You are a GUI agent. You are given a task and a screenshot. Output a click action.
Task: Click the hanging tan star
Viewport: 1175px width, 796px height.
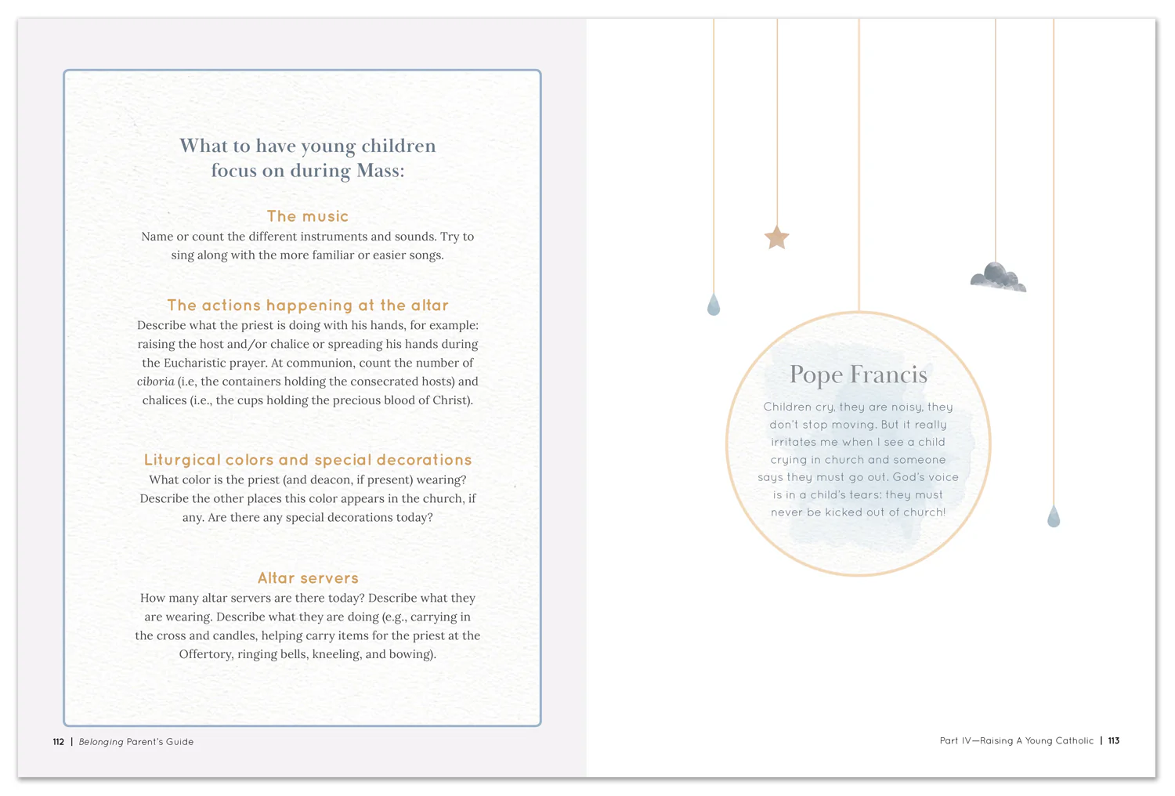point(776,237)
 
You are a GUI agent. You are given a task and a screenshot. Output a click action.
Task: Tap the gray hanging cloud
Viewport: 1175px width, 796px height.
point(997,277)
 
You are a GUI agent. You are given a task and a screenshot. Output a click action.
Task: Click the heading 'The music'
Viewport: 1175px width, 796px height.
point(308,216)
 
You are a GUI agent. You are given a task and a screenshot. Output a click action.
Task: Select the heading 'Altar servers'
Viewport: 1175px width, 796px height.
point(308,578)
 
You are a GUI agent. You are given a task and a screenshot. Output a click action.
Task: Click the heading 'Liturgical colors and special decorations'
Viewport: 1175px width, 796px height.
point(308,460)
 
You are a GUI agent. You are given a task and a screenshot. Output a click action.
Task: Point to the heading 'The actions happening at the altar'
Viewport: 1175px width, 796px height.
point(308,306)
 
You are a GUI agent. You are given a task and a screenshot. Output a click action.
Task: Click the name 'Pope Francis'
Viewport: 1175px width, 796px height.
point(858,374)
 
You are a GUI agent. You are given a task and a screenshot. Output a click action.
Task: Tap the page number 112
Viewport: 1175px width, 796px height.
point(59,742)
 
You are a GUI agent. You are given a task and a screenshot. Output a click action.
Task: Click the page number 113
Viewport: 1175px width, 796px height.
point(1113,740)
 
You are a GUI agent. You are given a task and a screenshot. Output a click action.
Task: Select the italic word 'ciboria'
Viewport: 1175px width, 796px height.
point(155,382)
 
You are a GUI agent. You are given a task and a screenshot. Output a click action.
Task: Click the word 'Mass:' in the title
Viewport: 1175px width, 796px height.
point(380,171)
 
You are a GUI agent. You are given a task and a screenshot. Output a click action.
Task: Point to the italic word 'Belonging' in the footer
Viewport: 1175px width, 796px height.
point(101,742)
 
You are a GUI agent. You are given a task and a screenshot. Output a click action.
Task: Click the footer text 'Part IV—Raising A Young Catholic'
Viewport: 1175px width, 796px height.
point(1016,740)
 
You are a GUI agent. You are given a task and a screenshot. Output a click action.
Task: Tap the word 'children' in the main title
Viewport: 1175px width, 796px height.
point(398,146)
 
